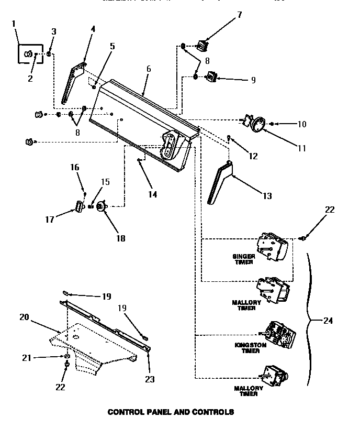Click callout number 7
tap(239, 15)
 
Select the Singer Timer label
tap(244, 259)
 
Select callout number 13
tap(267, 196)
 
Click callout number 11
tap(302, 148)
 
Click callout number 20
tap(25, 316)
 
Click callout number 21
tap(26, 357)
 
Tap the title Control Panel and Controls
tap(171, 412)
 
